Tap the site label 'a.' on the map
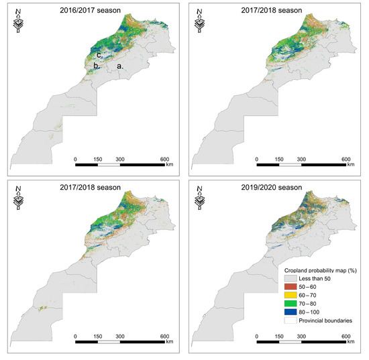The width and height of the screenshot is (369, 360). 121,66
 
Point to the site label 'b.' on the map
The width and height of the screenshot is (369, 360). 96,66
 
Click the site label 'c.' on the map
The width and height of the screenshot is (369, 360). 99,55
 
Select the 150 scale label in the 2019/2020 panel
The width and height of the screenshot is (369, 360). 280,337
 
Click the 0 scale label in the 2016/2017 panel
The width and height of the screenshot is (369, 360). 76,158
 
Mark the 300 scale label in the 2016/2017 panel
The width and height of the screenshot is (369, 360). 120,158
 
